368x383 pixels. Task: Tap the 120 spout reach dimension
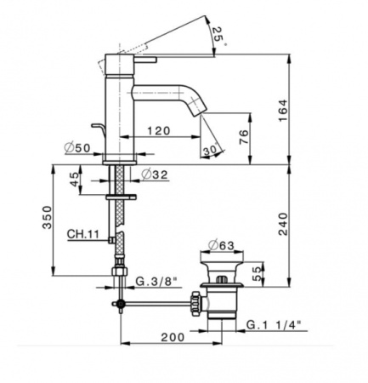(156, 132)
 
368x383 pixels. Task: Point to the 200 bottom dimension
(173, 337)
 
